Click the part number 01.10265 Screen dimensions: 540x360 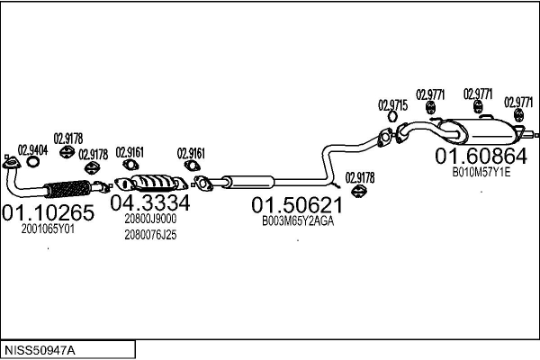point(48,212)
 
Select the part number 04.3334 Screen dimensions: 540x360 point(150,202)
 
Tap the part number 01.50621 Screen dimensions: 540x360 point(297,205)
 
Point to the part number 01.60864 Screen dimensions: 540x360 point(481,156)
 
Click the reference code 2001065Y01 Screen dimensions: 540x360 point(48,229)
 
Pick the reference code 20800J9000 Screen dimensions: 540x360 point(150,219)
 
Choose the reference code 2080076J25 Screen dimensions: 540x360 point(150,235)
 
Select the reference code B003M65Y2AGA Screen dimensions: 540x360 point(298,220)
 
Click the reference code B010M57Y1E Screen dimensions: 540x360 point(481,172)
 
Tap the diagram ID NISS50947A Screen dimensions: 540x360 point(40,351)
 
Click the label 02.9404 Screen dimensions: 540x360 point(32,150)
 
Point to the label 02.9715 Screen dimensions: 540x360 point(393,105)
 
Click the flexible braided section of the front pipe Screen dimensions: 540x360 point(67,189)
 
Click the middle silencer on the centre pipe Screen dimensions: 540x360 point(248,182)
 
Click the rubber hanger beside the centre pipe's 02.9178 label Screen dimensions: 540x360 point(359,190)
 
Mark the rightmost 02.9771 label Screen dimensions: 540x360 point(518,103)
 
